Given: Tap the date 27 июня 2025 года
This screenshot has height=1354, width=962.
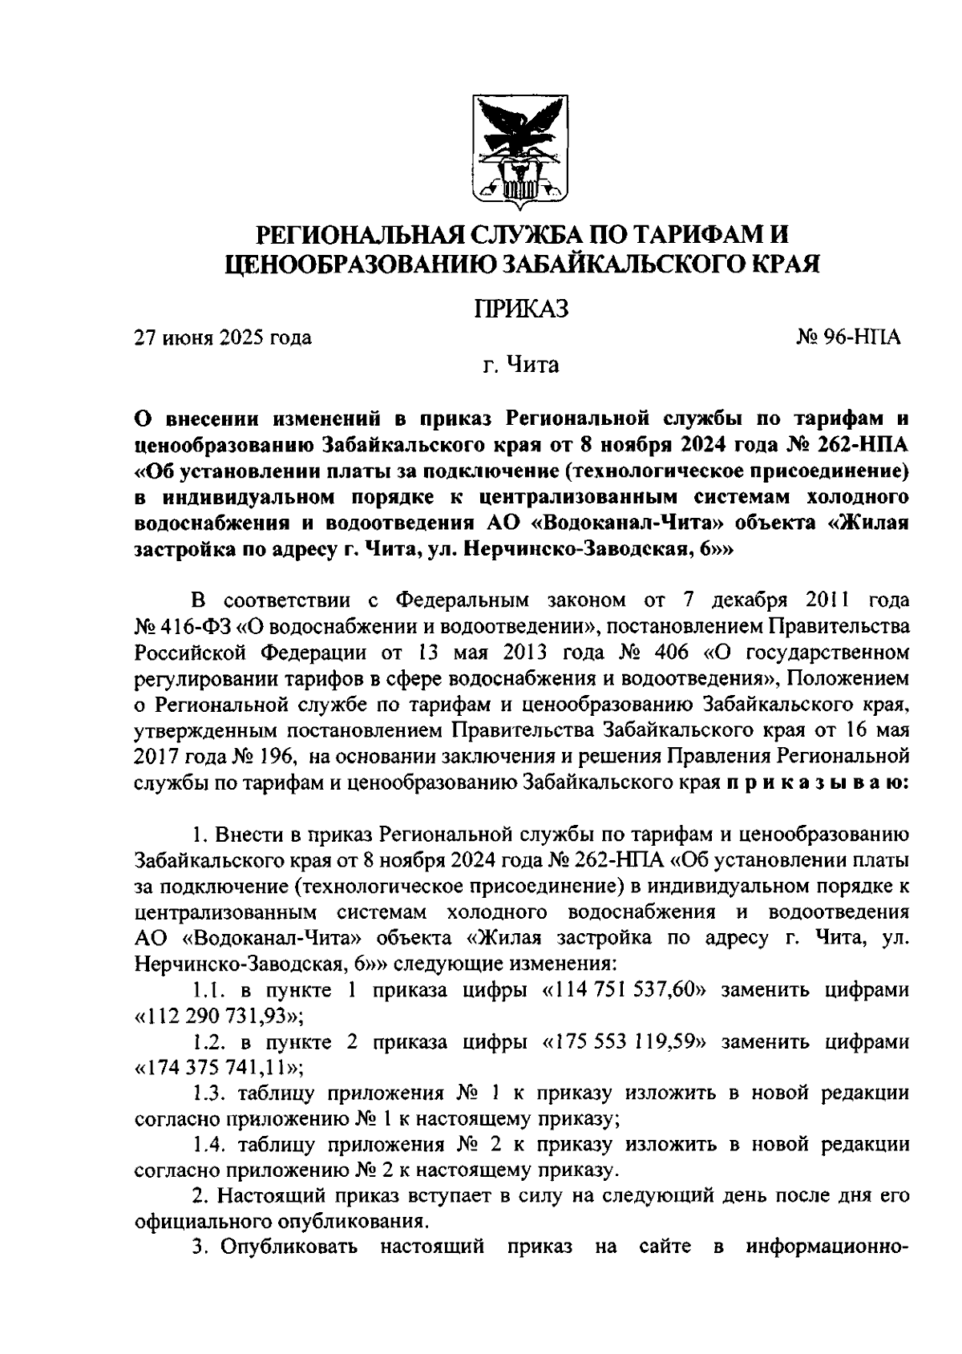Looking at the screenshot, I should pos(223,338).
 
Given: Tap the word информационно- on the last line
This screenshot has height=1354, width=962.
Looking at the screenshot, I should pos(827,1249).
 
